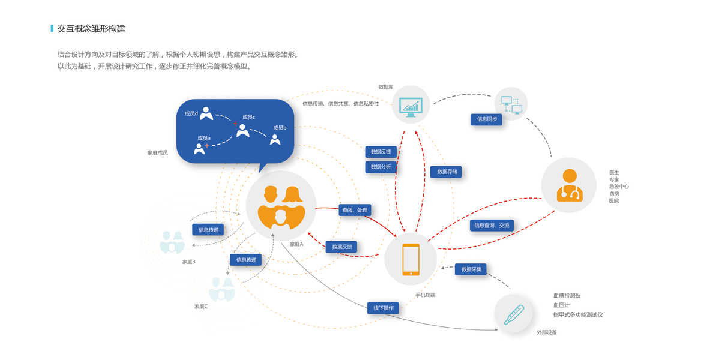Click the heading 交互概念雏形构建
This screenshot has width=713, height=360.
(91, 29)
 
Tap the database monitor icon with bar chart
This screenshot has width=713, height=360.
(411, 106)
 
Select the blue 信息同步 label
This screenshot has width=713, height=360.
(486, 119)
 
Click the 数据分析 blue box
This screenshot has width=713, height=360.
(381, 167)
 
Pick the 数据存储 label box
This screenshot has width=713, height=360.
(446, 172)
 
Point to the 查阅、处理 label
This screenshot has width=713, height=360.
(355, 210)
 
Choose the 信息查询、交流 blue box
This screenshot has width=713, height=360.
(492, 226)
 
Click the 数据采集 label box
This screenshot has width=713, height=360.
(471, 269)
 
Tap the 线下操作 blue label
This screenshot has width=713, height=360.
(383, 308)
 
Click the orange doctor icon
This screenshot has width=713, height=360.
(568, 185)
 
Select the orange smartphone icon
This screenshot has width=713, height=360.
(411, 260)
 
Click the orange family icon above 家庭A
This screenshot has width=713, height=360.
(281, 206)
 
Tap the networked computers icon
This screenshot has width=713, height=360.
(511, 104)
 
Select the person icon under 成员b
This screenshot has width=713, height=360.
(275, 139)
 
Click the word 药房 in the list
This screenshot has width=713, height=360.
(614, 194)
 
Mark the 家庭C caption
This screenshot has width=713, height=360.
(201, 307)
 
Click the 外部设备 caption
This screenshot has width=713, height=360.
(546, 332)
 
